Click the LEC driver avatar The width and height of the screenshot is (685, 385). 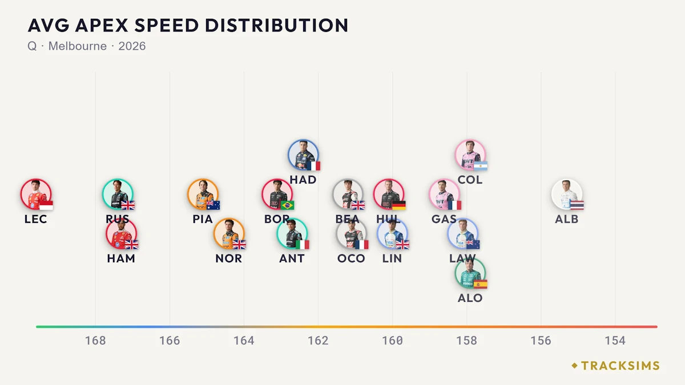tap(36, 194)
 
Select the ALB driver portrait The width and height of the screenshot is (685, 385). tap(567, 194)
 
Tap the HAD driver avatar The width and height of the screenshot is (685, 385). tap(303, 155)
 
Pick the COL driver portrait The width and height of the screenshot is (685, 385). tap(470, 155)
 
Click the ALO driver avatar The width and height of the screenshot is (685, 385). tap(470, 273)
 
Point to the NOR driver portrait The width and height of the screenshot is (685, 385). tap(229, 234)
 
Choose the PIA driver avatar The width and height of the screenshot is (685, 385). tap(203, 194)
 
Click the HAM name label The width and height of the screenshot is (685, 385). tap(121, 258)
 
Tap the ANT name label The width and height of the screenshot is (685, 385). tap(292, 258)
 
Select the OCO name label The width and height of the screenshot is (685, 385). tap(351, 258)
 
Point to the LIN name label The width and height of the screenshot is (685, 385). tap(392, 258)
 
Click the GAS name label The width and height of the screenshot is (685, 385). tap(444, 219)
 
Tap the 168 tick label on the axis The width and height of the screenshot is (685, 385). tap(95, 341)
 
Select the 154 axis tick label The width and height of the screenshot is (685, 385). tap(615, 341)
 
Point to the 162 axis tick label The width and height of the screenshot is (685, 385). tap(318, 341)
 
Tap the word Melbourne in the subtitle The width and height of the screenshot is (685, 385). tap(78, 46)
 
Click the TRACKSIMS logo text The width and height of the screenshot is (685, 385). tap(620, 366)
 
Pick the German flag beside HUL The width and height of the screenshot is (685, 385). tap(399, 205)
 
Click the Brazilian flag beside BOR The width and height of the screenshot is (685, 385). tap(287, 205)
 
